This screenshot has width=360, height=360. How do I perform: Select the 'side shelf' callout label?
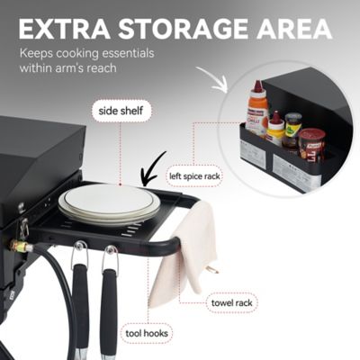tap(121, 112)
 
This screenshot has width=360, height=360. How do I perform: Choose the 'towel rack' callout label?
tap(231, 302)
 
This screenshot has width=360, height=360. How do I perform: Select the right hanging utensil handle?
tap(110, 306)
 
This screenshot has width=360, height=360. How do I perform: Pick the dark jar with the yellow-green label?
tap(292, 130)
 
